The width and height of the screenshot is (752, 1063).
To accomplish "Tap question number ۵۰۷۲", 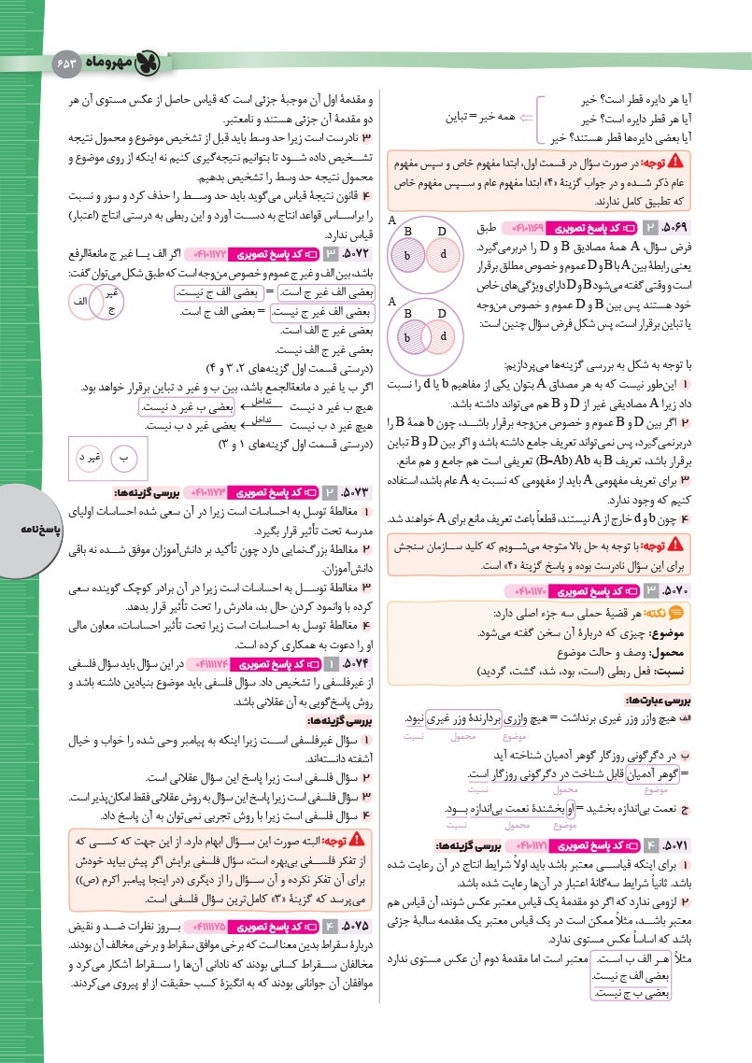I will pyautogui.click(x=347, y=253).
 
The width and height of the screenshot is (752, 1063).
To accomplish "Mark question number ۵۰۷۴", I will pyautogui.click(x=347, y=663).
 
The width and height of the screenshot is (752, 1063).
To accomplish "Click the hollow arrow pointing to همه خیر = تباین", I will pyautogui.click(x=526, y=119).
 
